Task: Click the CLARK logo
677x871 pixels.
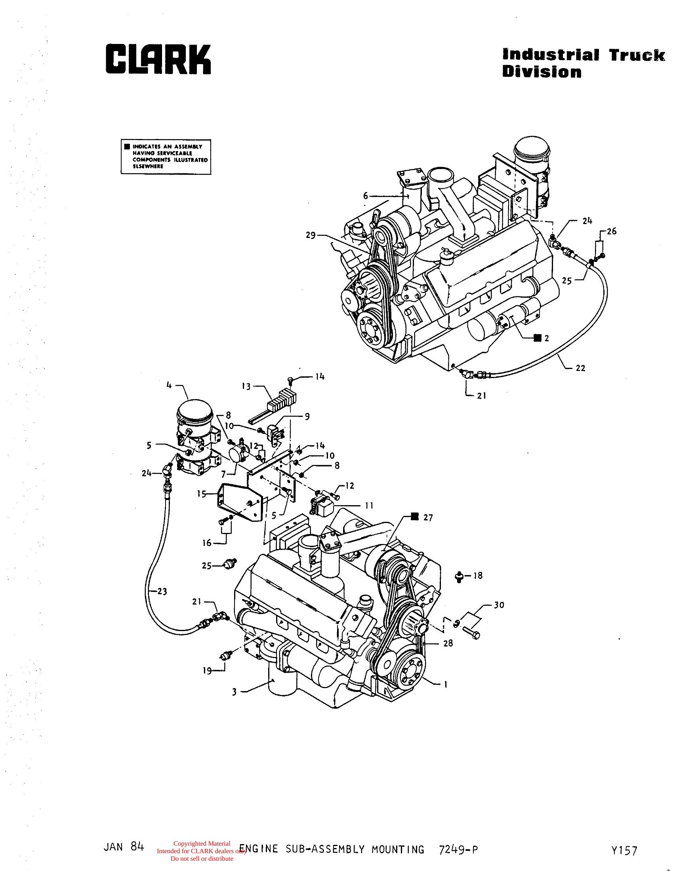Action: coord(158,59)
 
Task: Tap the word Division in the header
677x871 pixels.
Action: coord(542,72)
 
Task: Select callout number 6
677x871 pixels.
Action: coord(365,196)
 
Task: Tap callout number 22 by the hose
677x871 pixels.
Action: coord(580,368)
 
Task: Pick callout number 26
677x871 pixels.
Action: coord(612,231)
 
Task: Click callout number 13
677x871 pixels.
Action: coord(246,386)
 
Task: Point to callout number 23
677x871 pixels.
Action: coord(162,591)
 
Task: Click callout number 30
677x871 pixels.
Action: coord(499,605)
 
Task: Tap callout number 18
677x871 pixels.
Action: coord(477,576)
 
